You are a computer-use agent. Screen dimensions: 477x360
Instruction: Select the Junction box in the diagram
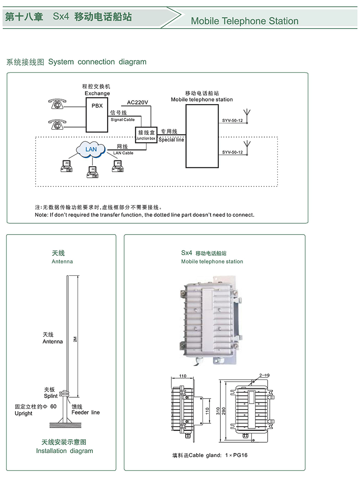(146, 134)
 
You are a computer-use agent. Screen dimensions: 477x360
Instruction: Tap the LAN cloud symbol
(91, 149)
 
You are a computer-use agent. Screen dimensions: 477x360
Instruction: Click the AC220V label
(137, 102)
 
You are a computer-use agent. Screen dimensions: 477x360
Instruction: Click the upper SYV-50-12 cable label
(232, 121)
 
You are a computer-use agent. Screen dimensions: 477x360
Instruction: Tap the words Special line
(171, 140)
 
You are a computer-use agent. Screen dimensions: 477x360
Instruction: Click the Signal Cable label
(123, 120)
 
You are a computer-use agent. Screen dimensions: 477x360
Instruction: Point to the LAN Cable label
(123, 153)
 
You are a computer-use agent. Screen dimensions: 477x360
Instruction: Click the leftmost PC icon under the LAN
(67, 166)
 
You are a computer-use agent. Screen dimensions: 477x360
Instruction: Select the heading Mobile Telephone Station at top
(245, 21)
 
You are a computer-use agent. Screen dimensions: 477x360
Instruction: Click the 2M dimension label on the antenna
(75, 340)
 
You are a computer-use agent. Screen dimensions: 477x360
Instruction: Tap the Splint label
(51, 396)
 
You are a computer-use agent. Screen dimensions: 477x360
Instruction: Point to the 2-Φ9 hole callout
(264, 374)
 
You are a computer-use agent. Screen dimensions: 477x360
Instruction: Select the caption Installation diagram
(65, 451)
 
